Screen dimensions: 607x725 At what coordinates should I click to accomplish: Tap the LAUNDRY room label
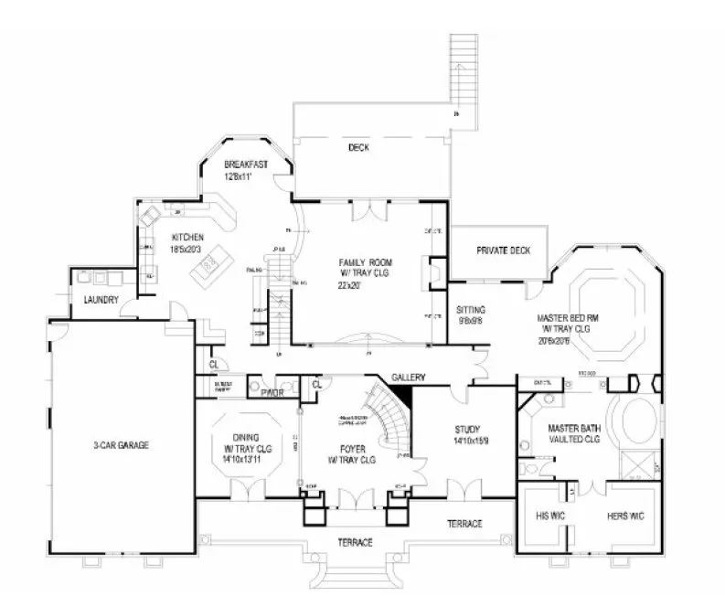[101, 300]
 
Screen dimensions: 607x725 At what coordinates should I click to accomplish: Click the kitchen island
[207, 268]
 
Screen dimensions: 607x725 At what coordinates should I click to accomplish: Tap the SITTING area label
[471, 310]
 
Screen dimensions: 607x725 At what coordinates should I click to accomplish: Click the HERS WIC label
[625, 516]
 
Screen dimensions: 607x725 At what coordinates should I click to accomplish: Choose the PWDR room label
[272, 393]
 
